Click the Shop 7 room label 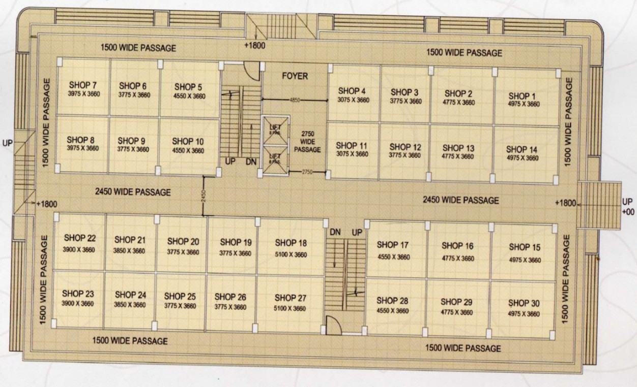81,85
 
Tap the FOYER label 295,76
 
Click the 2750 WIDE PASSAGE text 308,142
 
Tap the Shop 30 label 524,303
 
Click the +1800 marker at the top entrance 254,45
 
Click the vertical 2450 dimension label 204,196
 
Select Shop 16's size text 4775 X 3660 457,259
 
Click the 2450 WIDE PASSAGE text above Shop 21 133,192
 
